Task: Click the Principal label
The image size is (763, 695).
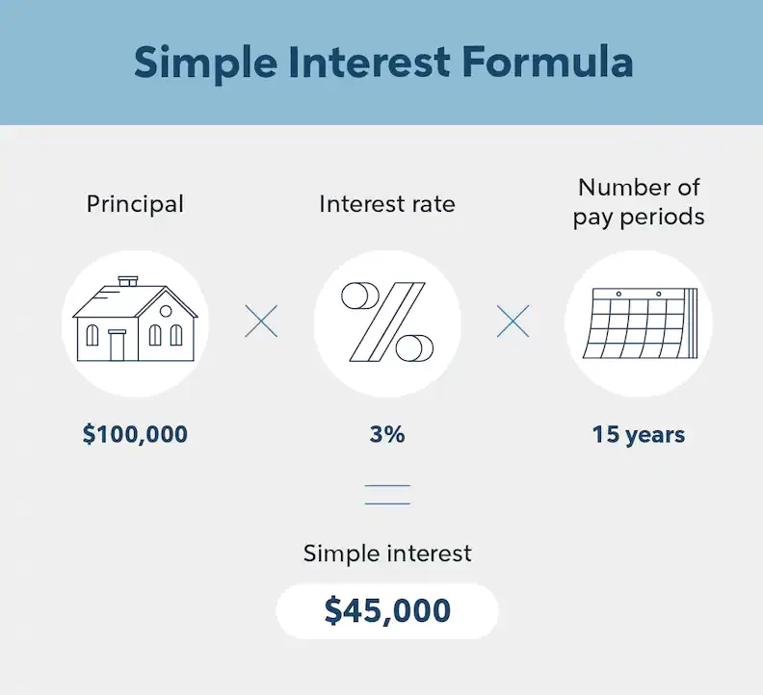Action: (x=135, y=204)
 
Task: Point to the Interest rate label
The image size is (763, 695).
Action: (x=387, y=204)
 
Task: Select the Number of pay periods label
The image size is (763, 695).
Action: (x=639, y=201)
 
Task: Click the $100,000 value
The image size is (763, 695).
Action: (x=135, y=434)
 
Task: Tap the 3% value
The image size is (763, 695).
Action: (x=387, y=434)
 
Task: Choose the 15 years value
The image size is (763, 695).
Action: (x=639, y=434)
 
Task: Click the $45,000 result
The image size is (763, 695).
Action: (x=387, y=610)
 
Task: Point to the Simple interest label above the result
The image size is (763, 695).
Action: (x=387, y=553)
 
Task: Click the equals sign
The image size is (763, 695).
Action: (x=387, y=496)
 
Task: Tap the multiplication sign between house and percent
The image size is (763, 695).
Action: (x=261, y=322)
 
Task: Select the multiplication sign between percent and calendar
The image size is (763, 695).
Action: (x=513, y=322)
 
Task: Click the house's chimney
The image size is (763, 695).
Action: (x=128, y=282)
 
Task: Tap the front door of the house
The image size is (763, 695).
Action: (x=118, y=345)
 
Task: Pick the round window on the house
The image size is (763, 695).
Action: (x=166, y=311)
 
